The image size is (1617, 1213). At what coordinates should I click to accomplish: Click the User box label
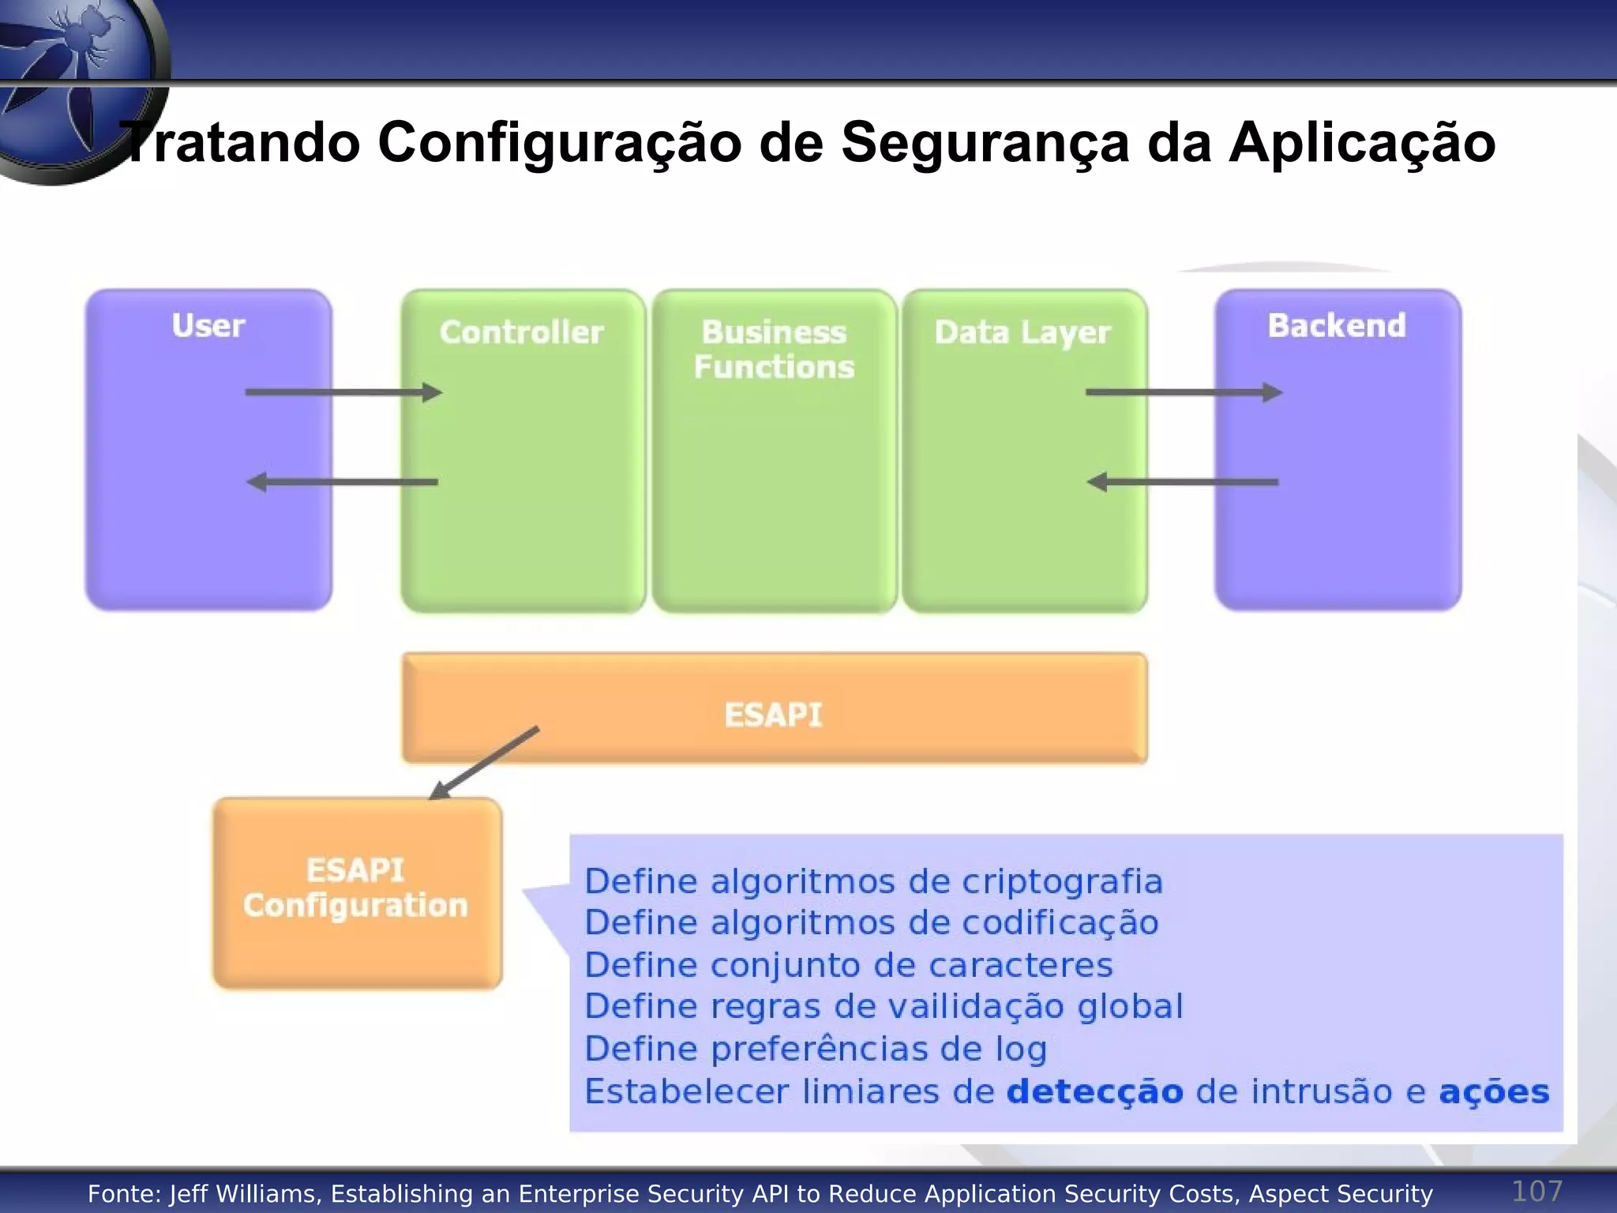point(208,326)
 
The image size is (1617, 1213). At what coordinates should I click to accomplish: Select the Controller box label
point(521,332)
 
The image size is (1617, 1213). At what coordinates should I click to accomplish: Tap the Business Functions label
point(774,350)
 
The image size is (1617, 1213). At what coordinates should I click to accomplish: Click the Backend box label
point(1337,326)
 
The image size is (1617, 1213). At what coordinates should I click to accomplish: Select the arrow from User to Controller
point(343,392)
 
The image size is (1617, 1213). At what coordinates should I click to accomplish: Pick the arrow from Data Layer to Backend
point(1184,392)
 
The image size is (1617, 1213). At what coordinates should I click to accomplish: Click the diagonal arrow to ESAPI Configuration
point(484,763)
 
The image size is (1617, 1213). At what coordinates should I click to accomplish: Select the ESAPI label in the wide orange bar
point(773,715)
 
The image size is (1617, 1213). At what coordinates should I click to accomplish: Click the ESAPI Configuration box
point(357,892)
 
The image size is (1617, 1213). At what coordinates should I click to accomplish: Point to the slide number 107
point(1536,1191)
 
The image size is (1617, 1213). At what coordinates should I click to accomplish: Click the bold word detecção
point(1094,1092)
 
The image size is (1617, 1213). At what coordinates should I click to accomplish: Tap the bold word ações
point(1494,1092)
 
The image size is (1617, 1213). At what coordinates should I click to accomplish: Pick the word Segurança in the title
point(985,143)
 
